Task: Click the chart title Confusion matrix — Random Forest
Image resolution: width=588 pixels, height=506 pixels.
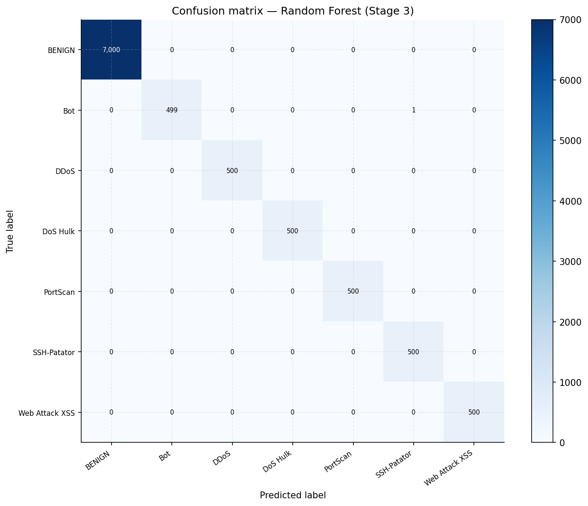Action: pyautogui.click(x=293, y=11)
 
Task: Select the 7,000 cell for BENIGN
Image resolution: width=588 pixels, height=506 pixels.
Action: pyautogui.click(x=111, y=50)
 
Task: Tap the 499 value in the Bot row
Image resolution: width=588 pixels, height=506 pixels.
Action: pyautogui.click(x=172, y=110)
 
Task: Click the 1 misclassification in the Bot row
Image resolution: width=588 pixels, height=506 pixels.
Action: pyautogui.click(x=413, y=110)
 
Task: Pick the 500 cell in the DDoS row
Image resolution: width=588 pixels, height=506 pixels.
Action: pyautogui.click(x=232, y=171)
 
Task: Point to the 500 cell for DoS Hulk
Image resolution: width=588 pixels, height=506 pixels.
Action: pyautogui.click(x=293, y=231)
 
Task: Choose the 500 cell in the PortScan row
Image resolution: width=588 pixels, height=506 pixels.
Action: pyautogui.click(x=353, y=291)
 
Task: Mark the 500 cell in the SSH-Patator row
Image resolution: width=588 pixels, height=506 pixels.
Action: pyautogui.click(x=413, y=352)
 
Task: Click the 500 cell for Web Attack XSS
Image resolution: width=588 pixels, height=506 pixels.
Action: pyautogui.click(x=474, y=412)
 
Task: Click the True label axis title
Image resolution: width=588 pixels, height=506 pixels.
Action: pyautogui.click(x=10, y=231)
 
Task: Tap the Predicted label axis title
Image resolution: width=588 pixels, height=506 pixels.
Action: pyautogui.click(x=293, y=495)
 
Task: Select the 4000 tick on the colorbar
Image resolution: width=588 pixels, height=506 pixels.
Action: pyautogui.click(x=564, y=201)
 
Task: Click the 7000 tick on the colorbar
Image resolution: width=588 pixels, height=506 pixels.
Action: pyautogui.click(x=564, y=20)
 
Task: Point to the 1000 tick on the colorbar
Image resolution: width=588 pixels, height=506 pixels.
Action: pyautogui.click(x=564, y=382)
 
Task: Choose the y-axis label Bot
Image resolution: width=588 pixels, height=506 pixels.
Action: pyautogui.click(x=68, y=111)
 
